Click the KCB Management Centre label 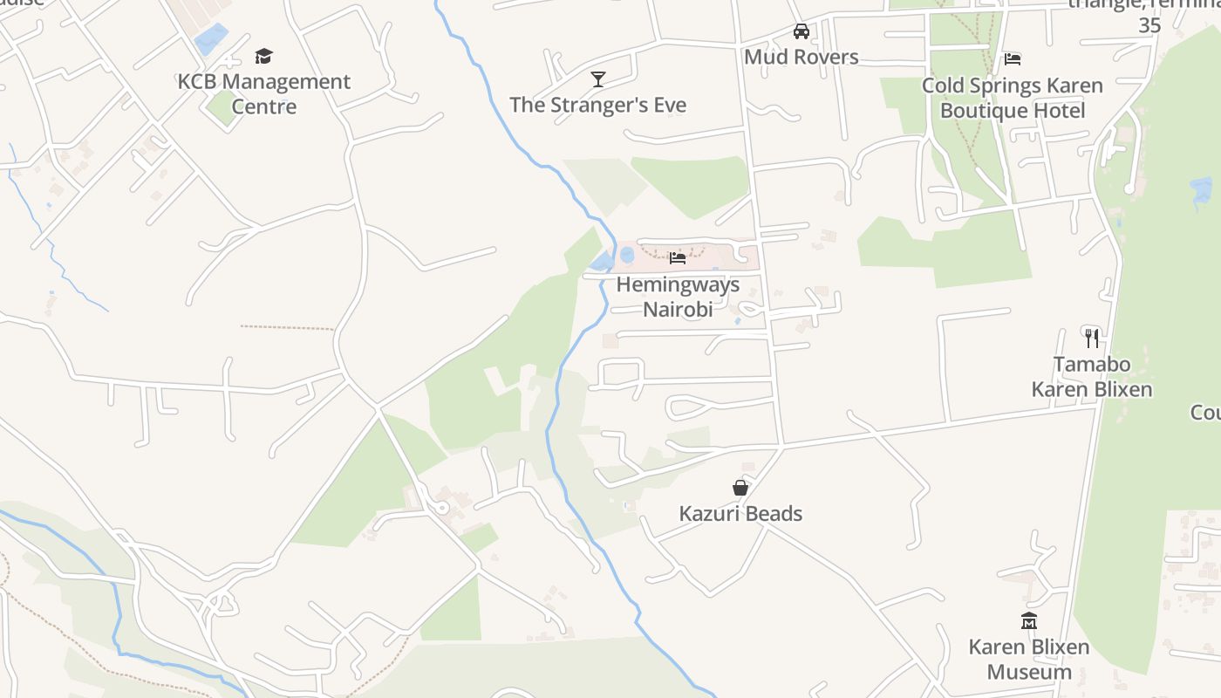(264, 94)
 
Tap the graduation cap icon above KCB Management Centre (263, 57)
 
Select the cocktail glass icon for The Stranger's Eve (598, 79)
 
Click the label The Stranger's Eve (598, 106)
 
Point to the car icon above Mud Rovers (801, 31)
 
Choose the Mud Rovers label (801, 58)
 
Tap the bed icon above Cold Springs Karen (1013, 59)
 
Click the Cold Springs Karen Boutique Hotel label (1013, 98)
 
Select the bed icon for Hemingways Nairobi (678, 257)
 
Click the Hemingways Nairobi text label (678, 297)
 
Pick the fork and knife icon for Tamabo (1092, 338)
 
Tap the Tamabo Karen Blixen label (1092, 377)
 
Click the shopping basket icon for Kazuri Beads (740, 488)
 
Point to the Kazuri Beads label (740, 514)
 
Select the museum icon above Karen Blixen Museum (1029, 621)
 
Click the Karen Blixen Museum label (1029, 660)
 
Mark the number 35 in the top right (1150, 26)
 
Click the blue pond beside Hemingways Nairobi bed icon (627, 255)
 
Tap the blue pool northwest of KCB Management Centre (210, 39)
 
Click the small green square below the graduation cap (222, 107)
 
